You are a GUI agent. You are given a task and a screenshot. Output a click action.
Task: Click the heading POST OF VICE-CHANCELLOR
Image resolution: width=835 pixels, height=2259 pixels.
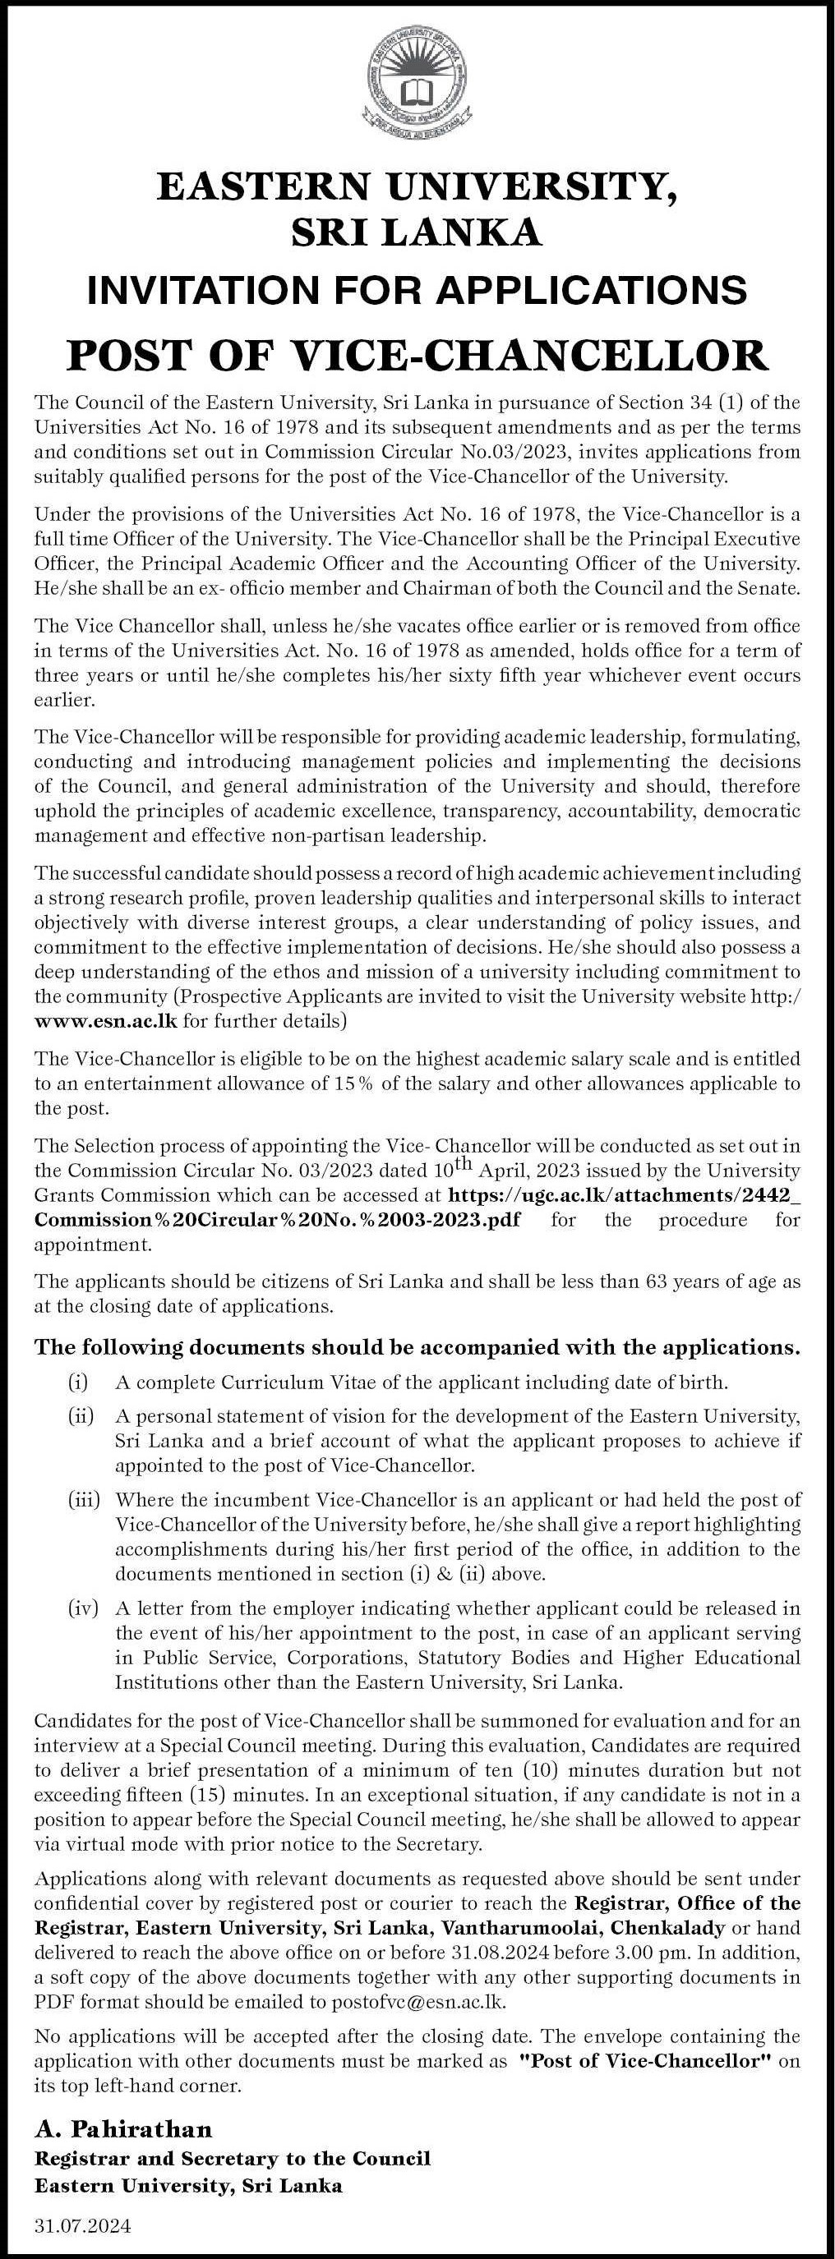pyautogui.click(x=417, y=355)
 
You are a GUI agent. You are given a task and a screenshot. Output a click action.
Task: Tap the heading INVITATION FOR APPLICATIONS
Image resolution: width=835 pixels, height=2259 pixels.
pyautogui.click(x=417, y=289)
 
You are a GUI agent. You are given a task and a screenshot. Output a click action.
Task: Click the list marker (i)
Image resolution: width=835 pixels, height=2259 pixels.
pyautogui.click(x=79, y=1384)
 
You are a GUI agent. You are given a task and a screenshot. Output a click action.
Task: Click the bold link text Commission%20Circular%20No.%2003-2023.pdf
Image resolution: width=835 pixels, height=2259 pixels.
pyautogui.click(x=276, y=1220)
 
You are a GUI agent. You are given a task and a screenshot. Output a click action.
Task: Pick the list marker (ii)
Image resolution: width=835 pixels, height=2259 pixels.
pyautogui.click(x=81, y=1415)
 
